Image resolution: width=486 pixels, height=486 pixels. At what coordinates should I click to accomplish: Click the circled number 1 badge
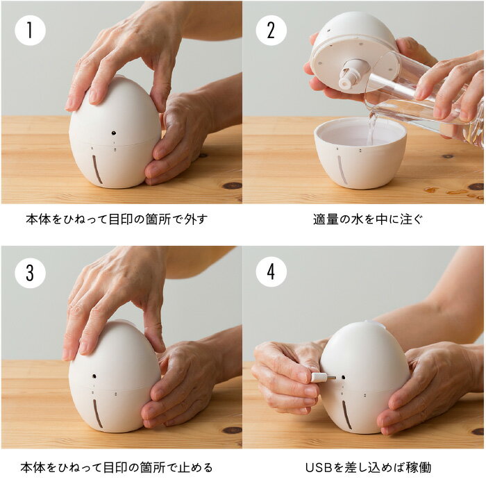(x=30, y=31)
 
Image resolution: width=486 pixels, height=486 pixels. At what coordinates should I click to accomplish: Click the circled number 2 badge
(x=271, y=31)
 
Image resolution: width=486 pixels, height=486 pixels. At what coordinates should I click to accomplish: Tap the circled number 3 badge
(x=30, y=273)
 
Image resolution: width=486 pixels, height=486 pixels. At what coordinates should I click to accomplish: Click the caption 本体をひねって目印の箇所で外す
(x=117, y=219)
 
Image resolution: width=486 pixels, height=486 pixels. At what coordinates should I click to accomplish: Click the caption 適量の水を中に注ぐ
(x=368, y=219)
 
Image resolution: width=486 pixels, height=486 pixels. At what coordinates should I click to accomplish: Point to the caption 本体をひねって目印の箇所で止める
(x=117, y=467)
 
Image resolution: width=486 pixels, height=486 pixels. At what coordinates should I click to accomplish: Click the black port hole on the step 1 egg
(x=114, y=133)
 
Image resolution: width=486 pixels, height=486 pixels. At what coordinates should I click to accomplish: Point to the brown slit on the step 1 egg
(x=97, y=169)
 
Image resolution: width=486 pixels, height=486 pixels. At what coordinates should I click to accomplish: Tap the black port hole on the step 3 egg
(x=94, y=376)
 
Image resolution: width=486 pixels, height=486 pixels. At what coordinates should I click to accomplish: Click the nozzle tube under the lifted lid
(x=351, y=74)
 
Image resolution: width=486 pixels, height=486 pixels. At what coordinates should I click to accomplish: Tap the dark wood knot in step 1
(x=232, y=185)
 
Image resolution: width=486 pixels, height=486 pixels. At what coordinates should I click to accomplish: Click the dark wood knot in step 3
(x=232, y=430)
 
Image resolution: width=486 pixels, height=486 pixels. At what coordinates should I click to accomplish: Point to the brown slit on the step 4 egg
(x=346, y=414)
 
